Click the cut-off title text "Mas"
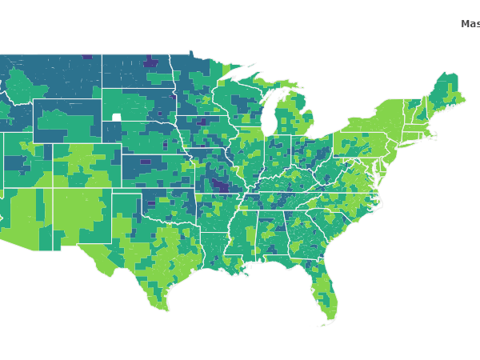pyautogui.click(x=470, y=24)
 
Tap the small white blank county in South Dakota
pyautogui.click(x=117, y=117)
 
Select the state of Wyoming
pyautogui.click(x=67, y=121)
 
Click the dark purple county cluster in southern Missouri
pyautogui.click(x=218, y=186)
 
